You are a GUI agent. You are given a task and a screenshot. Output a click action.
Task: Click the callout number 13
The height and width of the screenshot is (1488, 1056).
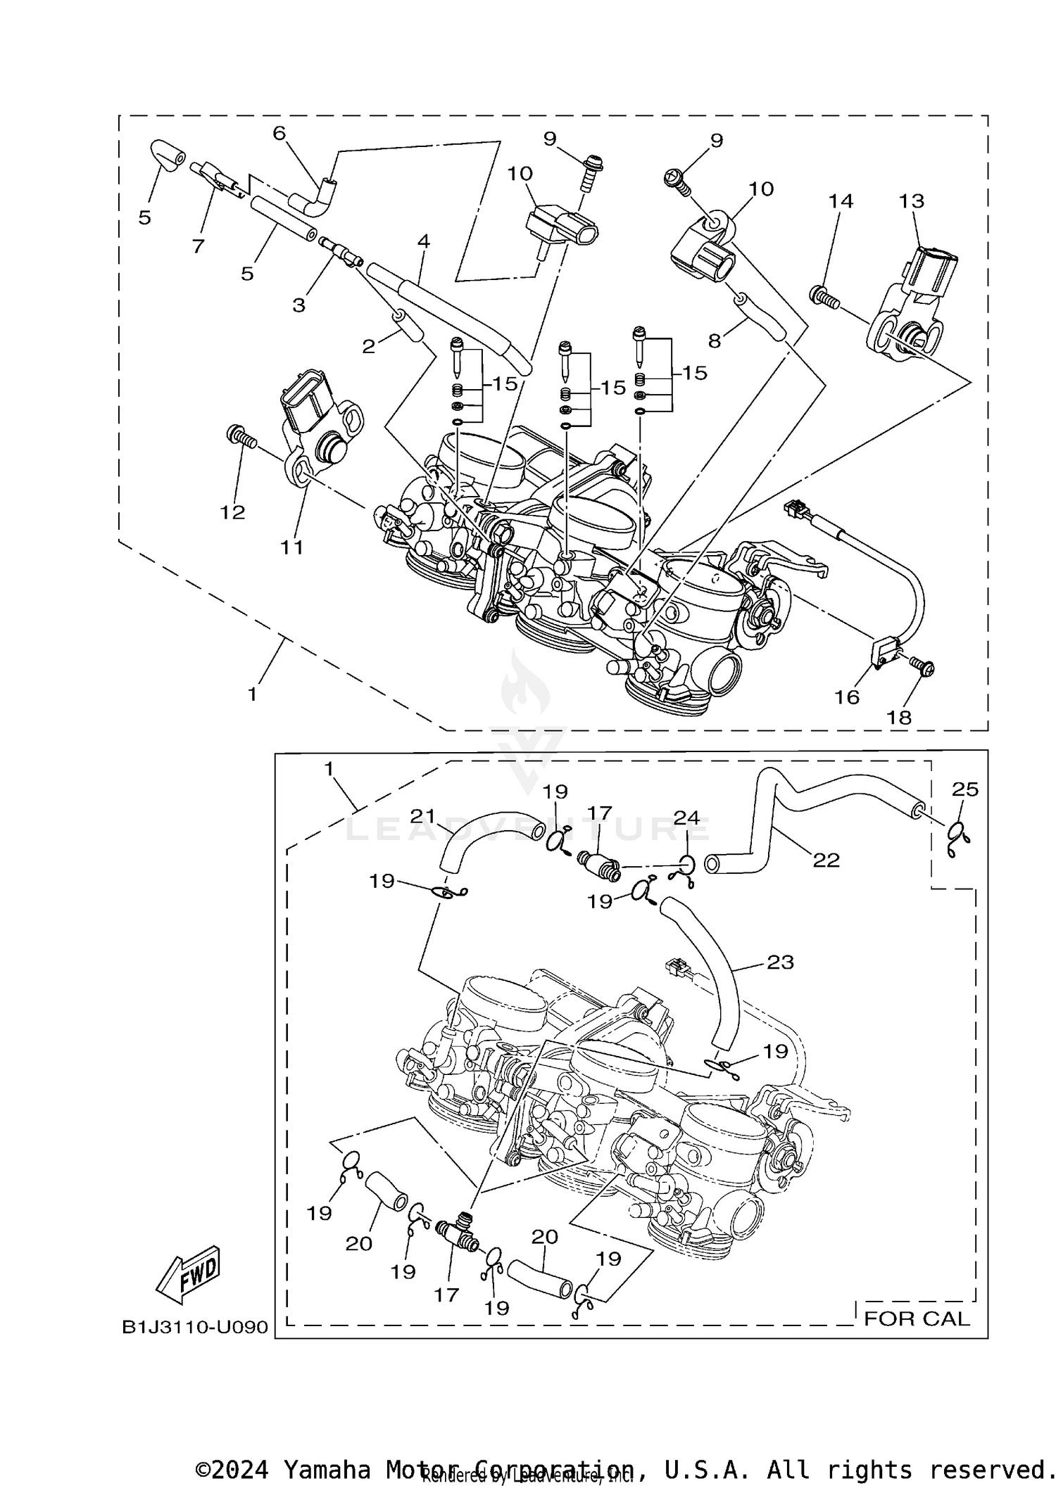[911, 201]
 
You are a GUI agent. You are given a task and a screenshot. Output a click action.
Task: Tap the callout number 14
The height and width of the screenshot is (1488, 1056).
[841, 201]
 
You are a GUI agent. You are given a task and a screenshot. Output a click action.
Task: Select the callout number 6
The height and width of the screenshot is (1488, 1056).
[279, 133]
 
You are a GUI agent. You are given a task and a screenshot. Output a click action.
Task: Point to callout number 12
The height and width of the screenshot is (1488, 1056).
[232, 512]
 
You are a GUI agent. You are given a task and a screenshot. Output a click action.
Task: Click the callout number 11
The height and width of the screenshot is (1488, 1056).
[292, 547]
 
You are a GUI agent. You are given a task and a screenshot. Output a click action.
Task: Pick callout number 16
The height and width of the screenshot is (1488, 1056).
[847, 697]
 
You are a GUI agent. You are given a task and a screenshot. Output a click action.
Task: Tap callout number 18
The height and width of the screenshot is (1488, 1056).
[900, 717]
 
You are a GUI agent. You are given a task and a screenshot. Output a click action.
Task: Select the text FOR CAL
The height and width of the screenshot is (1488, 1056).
[916, 1318]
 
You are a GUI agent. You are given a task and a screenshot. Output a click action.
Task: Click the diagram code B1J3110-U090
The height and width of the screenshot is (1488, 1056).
[195, 1327]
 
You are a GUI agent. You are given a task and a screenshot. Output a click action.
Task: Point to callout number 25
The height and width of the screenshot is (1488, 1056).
[965, 789]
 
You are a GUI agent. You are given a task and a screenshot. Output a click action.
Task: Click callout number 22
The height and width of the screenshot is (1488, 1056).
[826, 860]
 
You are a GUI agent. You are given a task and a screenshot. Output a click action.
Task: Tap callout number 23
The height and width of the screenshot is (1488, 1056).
[780, 962]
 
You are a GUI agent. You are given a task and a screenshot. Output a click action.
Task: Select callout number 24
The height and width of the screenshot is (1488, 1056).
[686, 818]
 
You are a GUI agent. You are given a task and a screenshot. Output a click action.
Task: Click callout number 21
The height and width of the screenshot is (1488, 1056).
[423, 816]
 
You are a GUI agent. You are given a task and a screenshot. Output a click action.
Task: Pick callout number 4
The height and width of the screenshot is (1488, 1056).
[423, 241]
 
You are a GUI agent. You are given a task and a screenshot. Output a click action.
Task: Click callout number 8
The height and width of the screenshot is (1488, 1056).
[715, 341]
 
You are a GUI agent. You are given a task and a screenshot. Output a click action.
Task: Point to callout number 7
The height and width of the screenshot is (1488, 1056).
[198, 246]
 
